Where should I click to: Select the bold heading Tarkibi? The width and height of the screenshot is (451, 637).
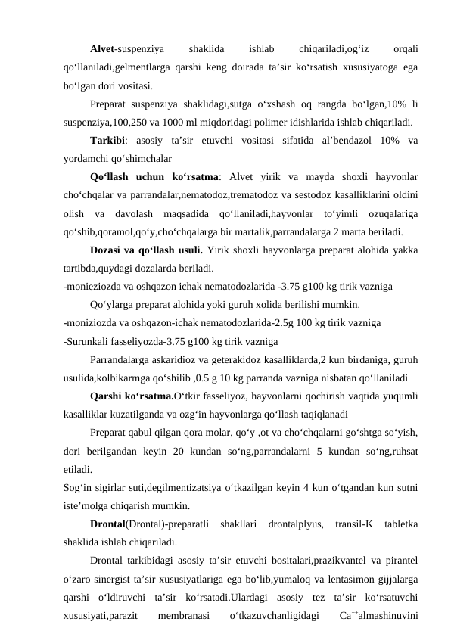108,141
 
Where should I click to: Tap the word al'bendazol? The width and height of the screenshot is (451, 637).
342,141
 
